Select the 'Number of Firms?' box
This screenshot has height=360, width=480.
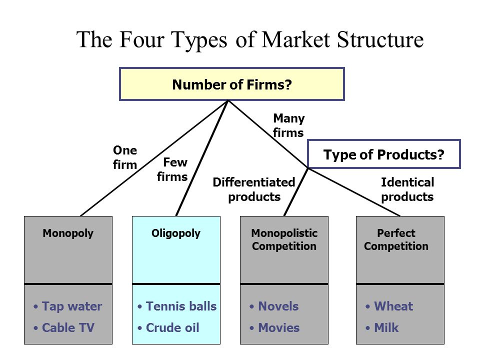pyautogui.click(x=231, y=84)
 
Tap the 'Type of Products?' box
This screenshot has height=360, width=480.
pyautogui.click(x=383, y=154)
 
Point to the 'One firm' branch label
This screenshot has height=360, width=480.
pyautogui.click(x=125, y=158)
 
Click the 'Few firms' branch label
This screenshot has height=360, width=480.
pyautogui.click(x=172, y=170)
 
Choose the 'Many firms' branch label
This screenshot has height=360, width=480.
pyautogui.click(x=288, y=125)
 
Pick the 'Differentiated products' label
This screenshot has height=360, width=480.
pyautogui.click(x=254, y=189)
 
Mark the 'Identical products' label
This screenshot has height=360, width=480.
pyautogui.click(x=407, y=189)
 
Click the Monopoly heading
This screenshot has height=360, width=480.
pyautogui.click(x=68, y=233)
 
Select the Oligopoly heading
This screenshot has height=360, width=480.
pyautogui.click(x=176, y=233)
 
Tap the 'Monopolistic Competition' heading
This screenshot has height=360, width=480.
pyautogui.click(x=284, y=240)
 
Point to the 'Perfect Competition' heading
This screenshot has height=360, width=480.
pyautogui.click(x=396, y=240)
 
